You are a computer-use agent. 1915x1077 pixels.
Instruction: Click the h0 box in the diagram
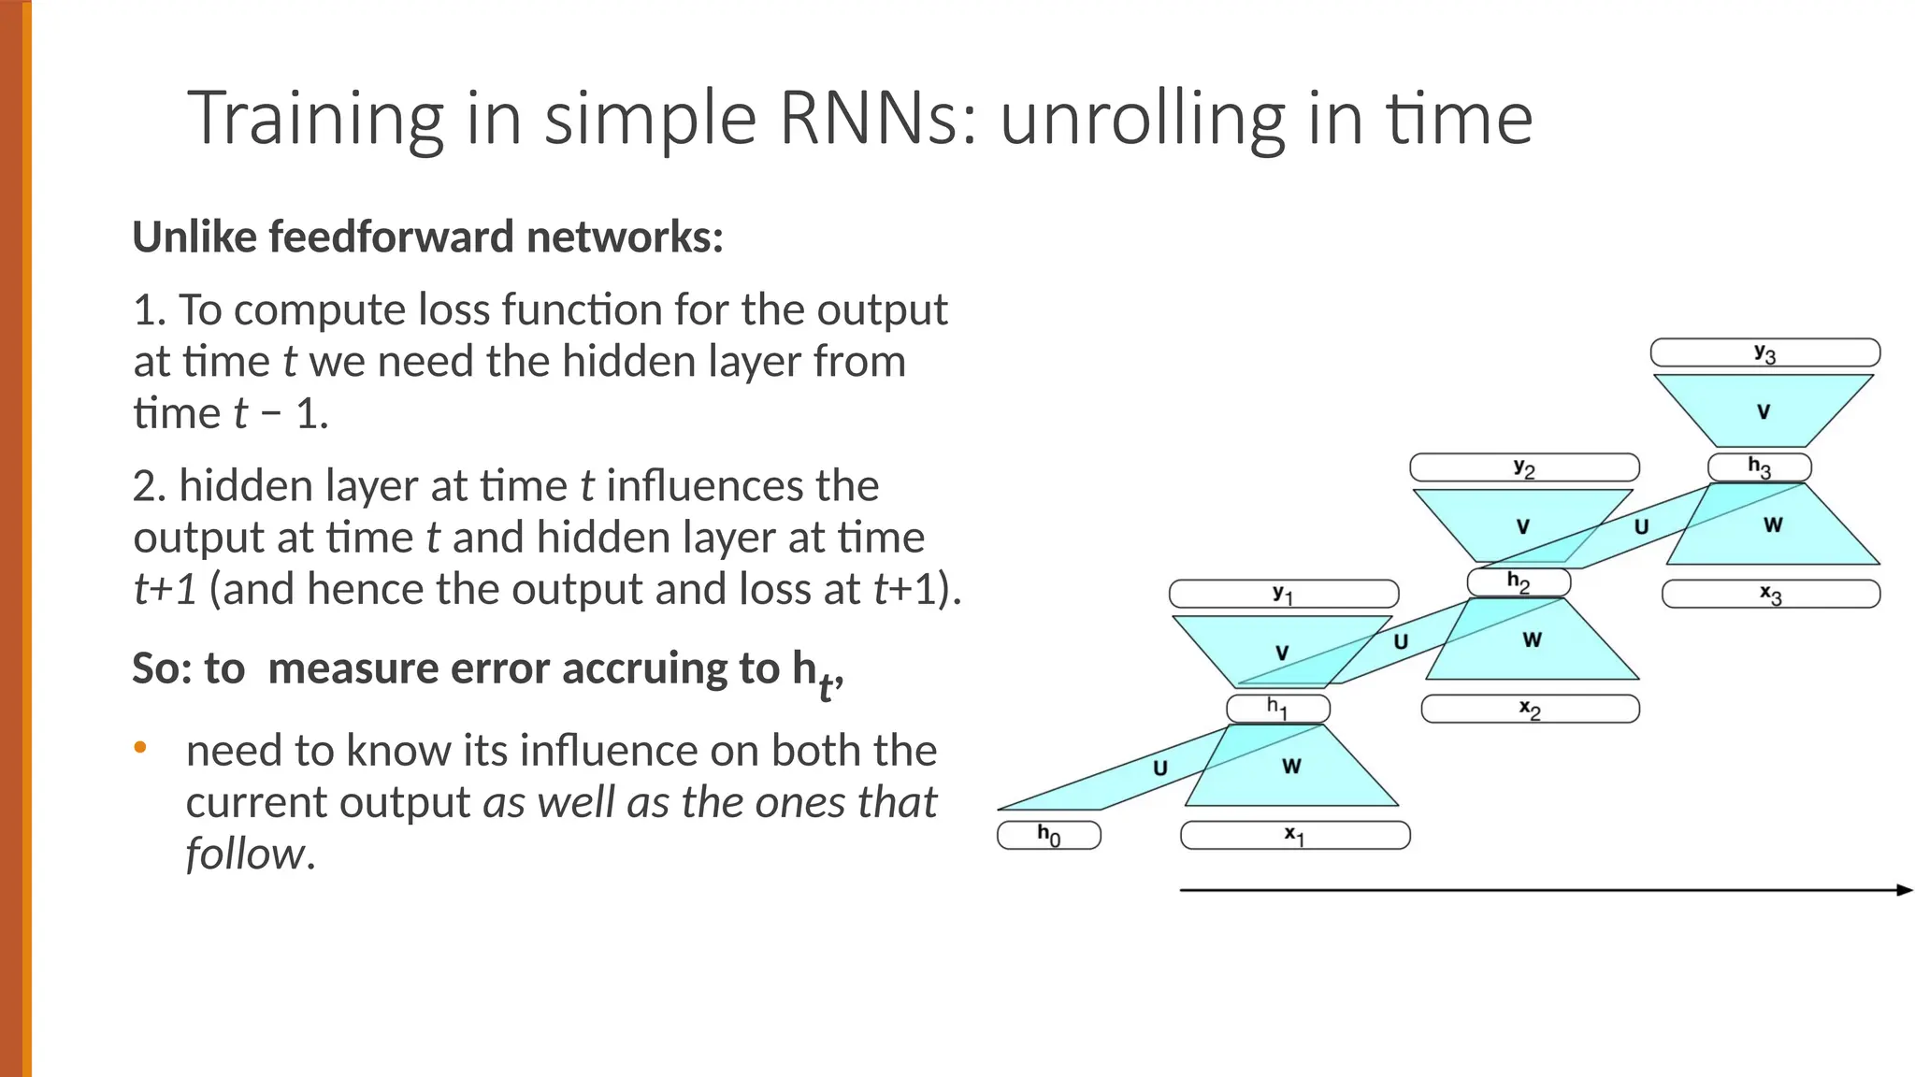pos(1048,835)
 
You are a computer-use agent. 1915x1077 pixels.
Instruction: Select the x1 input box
pos(1295,835)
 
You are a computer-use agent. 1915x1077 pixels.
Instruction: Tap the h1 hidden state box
pos(1277,709)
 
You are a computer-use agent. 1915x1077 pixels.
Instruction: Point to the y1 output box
pos(1283,594)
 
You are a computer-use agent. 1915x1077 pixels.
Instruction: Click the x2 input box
pos(1530,709)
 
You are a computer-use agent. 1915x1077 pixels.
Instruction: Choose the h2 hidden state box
pos(1519,582)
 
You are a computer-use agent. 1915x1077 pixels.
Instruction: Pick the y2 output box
pos(1524,467)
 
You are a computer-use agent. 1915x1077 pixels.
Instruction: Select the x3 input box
pos(1771,594)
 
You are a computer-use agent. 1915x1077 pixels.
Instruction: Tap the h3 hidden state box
pos(1760,467)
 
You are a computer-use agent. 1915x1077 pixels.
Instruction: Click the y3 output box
pos(1765,352)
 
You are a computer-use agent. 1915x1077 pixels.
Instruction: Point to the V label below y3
pos(1764,411)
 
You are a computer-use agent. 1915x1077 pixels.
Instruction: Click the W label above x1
pos(1291,767)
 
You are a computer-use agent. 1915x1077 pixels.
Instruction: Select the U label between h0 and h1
pos(1160,768)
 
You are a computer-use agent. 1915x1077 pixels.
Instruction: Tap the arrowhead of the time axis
pos(1905,890)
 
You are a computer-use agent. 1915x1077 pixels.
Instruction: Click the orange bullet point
pos(140,747)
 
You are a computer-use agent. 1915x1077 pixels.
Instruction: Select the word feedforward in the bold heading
pos(392,237)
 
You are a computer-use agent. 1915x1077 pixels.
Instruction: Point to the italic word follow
pos(245,854)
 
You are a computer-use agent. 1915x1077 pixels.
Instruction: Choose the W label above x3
pos(1773,525)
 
